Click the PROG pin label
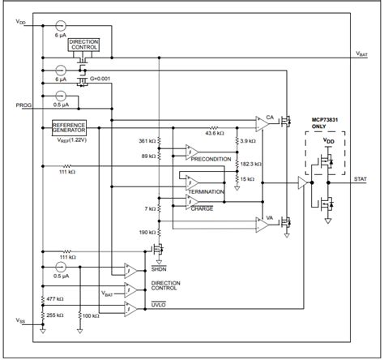23,105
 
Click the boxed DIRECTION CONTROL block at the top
84,43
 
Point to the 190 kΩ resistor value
147,232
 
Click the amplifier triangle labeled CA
260,121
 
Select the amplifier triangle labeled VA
260,221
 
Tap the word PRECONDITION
211,159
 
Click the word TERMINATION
207,191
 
